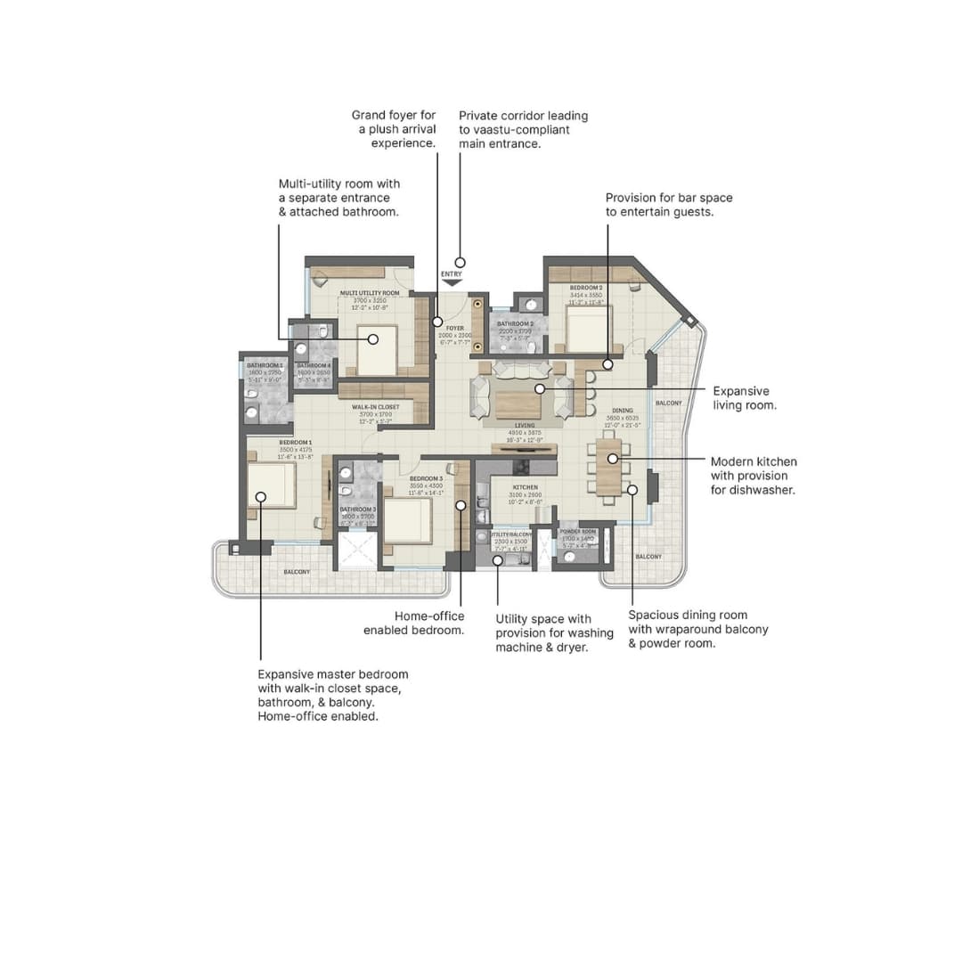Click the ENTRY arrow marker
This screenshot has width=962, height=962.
[x=452, y=282]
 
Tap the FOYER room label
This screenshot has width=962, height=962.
[x=454, y=328]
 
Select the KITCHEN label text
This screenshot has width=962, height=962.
[x=525, y=487]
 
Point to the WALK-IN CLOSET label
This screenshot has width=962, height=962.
[x=375, y=406]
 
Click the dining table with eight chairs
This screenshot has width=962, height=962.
[x=610, y=466]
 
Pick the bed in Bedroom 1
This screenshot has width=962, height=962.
[x=272, y=485]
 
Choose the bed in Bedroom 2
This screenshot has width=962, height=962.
[x=587, y=330]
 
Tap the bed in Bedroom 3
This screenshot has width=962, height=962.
[x=408, y=519]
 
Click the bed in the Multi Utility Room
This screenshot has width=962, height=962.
[x=377, y=350]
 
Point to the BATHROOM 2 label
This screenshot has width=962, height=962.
[x=515, y=323]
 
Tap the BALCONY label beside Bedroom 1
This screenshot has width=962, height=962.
[x=298, y=571]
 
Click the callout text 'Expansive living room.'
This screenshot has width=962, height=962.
[x=741, y=397]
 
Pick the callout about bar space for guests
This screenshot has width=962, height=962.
[x=668, y=205]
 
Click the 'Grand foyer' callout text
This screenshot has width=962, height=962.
[x=393, y=128]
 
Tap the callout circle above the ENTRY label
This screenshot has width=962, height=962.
[x=461, y=262]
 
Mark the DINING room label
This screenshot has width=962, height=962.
[x=621, y=411]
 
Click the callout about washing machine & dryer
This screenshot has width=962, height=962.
[x=554, y=632]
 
